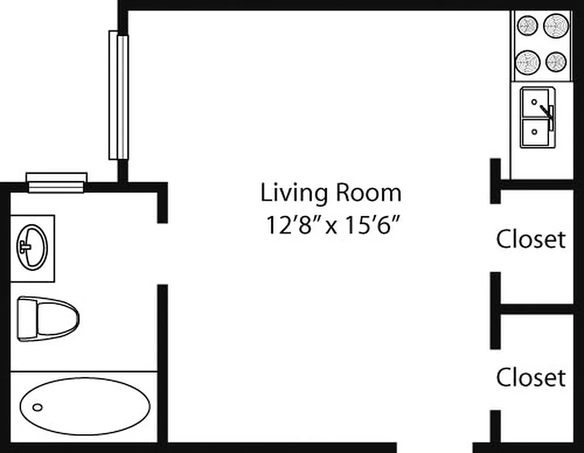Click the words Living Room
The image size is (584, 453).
331,193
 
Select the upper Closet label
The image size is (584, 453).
531,240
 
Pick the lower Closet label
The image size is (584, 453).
531,378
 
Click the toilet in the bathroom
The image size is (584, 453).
48,319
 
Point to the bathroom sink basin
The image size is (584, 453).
32,247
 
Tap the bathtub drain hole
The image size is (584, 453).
37,407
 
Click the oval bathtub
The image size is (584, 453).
85,406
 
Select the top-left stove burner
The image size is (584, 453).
527,25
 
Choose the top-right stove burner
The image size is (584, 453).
556,25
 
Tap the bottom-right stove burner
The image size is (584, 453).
556,61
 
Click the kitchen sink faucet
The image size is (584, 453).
548,112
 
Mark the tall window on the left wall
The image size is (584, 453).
118,95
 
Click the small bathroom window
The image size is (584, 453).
57,182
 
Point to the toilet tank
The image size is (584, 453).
26,319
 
